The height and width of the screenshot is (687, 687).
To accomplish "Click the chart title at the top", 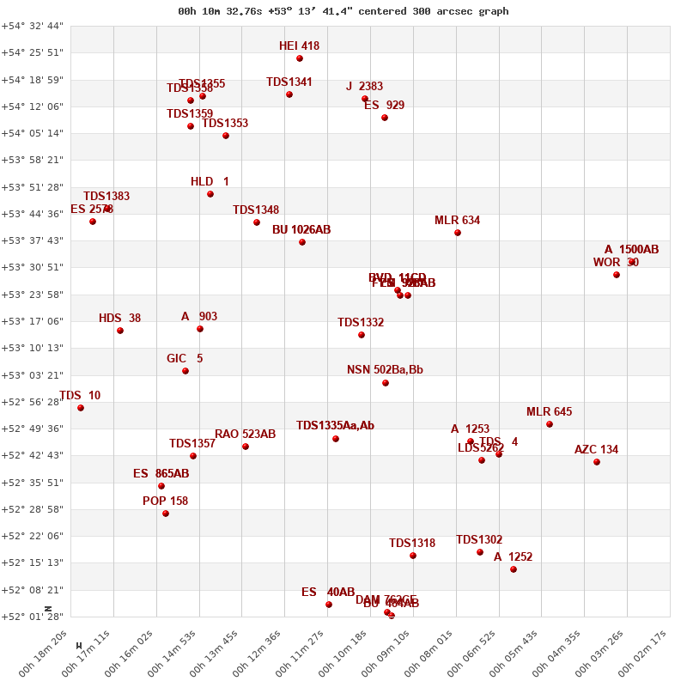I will [x=343, y=11].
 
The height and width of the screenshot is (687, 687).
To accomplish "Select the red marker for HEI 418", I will [x=300, y=58].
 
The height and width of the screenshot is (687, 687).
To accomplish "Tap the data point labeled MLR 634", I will [x=458, y=233].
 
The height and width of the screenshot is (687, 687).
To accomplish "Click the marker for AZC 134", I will [x=597, y=462].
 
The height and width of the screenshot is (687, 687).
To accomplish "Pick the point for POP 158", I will [x=166, y=514].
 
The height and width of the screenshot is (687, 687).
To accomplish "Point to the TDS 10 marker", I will [x=81, y=408].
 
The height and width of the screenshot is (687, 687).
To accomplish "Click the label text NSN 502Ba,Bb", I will [x=385, y=370].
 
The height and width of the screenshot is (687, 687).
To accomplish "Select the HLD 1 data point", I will [x=210, y=194].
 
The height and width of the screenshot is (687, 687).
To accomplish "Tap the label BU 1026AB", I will [x=301, y=230].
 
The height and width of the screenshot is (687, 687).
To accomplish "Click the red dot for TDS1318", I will [x=413, y=556].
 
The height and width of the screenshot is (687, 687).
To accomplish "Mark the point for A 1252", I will [x=514, y=569].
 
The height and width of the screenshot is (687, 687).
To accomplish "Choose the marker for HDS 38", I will [x=120, y=331].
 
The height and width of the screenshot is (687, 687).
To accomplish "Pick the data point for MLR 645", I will [x=550, y=424].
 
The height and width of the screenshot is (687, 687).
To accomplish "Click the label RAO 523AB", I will [x=245, y=435].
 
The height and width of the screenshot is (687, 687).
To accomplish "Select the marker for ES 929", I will [x=385, y=118].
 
